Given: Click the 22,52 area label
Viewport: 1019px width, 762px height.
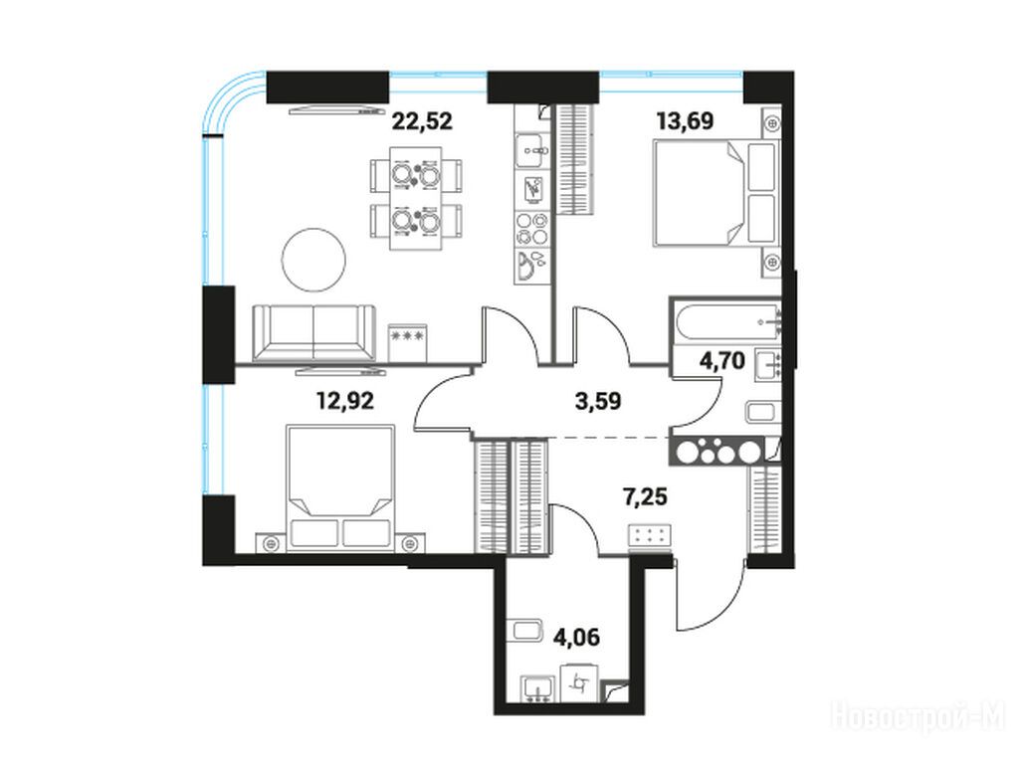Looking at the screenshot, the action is (422, 121).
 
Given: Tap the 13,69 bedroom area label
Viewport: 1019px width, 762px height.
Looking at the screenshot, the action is (685, 121).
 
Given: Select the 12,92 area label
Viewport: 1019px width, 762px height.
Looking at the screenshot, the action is (345, 401).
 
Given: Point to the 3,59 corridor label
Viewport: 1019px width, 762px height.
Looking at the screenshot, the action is (598, 401).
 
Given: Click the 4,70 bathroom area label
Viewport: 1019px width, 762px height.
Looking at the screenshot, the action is (722, 360).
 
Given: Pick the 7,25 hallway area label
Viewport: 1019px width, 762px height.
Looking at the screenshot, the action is (645, 497).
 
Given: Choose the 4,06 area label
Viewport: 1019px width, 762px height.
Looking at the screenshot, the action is (576, 638).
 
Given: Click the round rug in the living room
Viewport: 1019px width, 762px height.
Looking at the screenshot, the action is (313, 261).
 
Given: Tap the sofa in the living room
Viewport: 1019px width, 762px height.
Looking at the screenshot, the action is (314, 332).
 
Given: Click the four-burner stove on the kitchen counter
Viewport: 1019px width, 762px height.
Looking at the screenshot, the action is (531, 229).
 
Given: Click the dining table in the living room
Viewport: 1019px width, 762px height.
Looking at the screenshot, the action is (416, 198).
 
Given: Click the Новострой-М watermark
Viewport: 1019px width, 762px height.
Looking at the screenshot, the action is (918, 717).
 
